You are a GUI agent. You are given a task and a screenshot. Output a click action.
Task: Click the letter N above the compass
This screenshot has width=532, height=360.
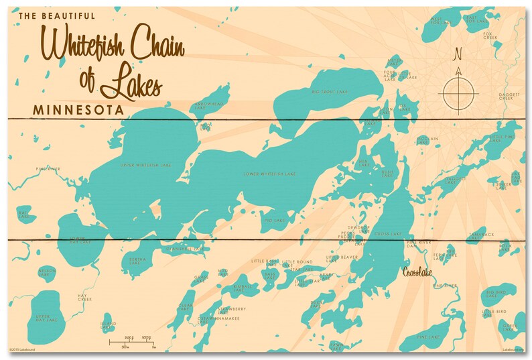458,54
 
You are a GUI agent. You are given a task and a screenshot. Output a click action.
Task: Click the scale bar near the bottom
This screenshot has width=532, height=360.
132,343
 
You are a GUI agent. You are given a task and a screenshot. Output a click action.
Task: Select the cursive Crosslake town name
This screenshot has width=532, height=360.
419,272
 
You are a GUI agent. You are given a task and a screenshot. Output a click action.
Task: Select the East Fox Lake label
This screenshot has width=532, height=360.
473,19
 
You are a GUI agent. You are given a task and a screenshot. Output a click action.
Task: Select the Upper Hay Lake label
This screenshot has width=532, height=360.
43,317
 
